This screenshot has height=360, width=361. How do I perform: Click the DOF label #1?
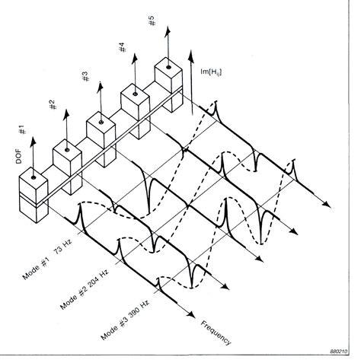23,129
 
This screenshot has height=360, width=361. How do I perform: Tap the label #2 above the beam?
53,105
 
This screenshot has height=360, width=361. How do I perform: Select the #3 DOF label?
86,76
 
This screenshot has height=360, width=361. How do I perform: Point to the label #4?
122,47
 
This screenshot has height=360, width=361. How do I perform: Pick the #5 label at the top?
151,21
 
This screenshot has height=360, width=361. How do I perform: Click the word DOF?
19,157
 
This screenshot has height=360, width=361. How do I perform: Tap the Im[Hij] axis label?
211,72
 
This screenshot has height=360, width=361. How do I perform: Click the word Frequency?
216,333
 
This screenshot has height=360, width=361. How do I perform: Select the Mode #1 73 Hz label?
47,260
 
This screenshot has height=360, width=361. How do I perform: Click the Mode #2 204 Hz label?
85,289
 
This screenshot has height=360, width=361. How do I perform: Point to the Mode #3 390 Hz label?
125,320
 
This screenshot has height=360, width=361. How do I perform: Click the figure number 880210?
338,352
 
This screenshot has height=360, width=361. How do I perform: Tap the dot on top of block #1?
34,177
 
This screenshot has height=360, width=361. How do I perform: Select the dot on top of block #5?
168,67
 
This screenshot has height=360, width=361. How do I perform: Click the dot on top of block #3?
101,123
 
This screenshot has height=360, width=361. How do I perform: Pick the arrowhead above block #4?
135,59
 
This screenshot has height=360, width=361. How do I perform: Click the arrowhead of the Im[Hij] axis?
191,56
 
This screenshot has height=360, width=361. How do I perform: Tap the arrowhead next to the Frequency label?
190,314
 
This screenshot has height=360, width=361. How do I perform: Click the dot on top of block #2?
67,150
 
